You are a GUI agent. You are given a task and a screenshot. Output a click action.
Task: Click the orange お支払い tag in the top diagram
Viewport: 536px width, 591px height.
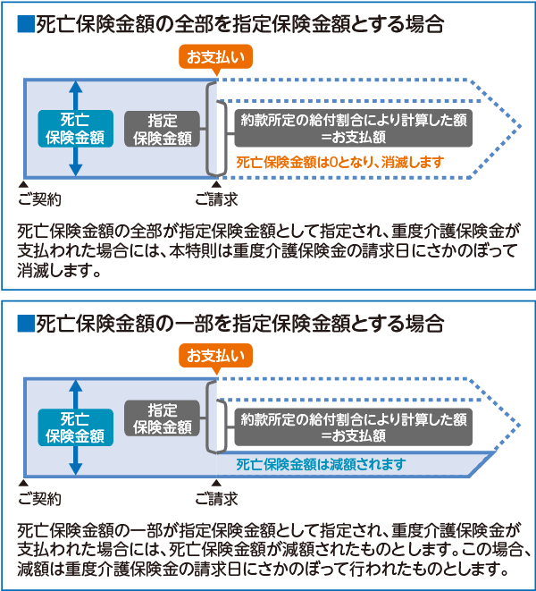pos(214,58)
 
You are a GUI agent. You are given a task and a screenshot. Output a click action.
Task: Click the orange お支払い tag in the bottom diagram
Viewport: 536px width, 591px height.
pos(214,356)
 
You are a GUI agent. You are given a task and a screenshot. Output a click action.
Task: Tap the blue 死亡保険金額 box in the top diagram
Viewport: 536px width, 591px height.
pos(76,129)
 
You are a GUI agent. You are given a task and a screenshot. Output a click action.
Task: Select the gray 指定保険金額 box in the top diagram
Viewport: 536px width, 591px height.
pos(162,129)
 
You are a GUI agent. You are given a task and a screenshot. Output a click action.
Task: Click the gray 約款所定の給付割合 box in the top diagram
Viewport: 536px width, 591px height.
pos(353,129)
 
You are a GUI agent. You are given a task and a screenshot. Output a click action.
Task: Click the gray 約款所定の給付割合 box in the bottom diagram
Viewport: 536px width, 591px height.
pos(353,426)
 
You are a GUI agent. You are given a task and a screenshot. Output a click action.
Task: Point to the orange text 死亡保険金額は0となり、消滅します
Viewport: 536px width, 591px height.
pos(339,164)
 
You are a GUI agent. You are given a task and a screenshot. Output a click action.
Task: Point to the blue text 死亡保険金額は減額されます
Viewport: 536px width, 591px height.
pos(321,464)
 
